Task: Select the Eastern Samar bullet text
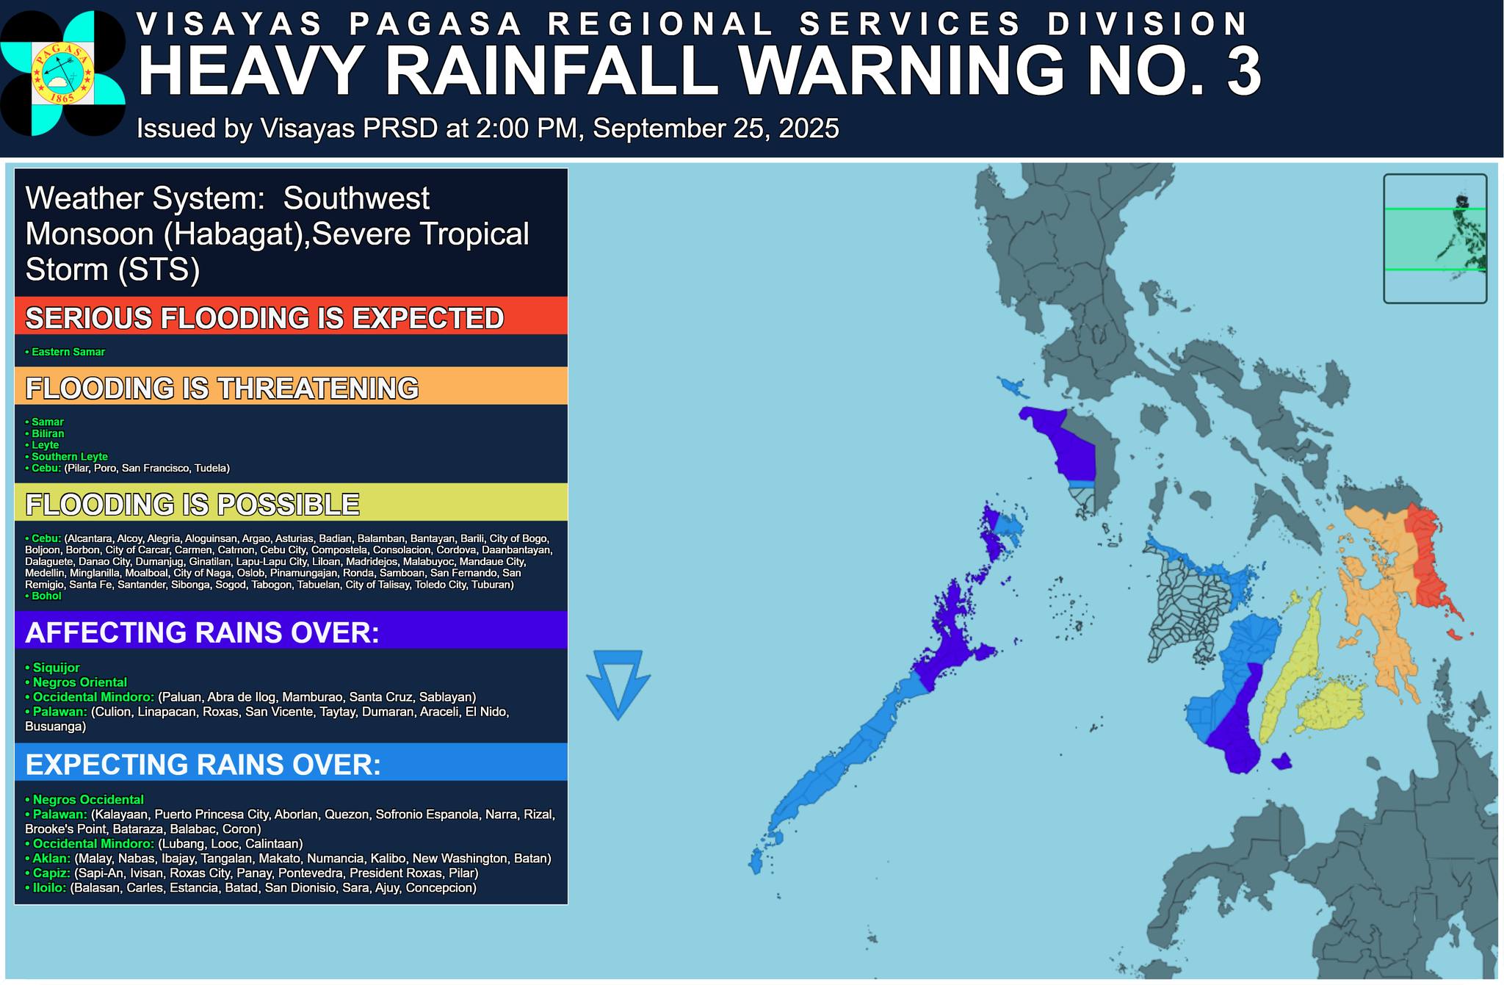[68, 352]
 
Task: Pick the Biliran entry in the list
[48, 433]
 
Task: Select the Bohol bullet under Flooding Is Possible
[46, 596]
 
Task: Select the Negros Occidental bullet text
[87, 799]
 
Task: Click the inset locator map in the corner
[1434, 238]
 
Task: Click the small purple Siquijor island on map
[1281, 762]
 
